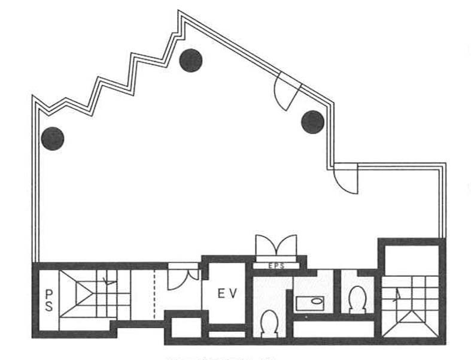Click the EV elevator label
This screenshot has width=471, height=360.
click(x=227, y=294)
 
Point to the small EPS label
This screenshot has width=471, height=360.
click(x=276, y=264)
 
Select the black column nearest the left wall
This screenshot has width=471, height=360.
click(x=53, y=139)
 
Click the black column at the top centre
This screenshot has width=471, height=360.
click(x=191, y=60)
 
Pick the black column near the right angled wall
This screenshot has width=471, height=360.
click(x=312, y=122)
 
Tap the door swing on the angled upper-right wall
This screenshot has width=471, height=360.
click(x=286, y=91)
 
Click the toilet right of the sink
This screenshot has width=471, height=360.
click(x=358, y=298)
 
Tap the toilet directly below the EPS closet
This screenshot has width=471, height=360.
click(x=269, y=323)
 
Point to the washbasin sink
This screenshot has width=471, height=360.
click(x=309, y=302)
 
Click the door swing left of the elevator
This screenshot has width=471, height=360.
click(x=182, y=277)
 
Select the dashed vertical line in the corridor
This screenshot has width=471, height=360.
click(x=155, y=294)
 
